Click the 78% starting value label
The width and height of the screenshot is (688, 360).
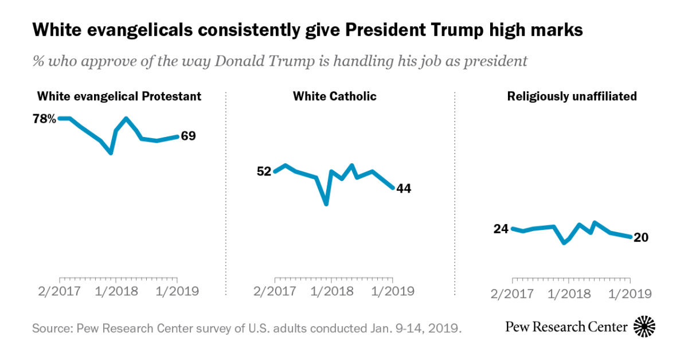(x=45, y=119)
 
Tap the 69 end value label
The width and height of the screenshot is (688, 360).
(x=189, y=136)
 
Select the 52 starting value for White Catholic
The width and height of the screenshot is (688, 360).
(x=264, y=171)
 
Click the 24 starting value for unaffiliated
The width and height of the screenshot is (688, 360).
(x=501, y=229)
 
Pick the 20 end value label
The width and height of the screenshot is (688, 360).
(x=641, y=237)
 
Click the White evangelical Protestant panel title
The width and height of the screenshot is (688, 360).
(x=119, y=96)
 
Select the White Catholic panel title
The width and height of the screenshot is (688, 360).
(x=335, y=96)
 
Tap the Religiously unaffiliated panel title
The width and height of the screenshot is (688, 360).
(x=572, y=96)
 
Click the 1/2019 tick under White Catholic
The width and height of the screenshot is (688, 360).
(x=393, y=291)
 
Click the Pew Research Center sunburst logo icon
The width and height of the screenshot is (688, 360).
(x=644, y=327)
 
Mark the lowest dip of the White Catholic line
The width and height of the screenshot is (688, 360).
(x=326, y=204)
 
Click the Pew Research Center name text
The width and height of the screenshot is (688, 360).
(x=566, y=327)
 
